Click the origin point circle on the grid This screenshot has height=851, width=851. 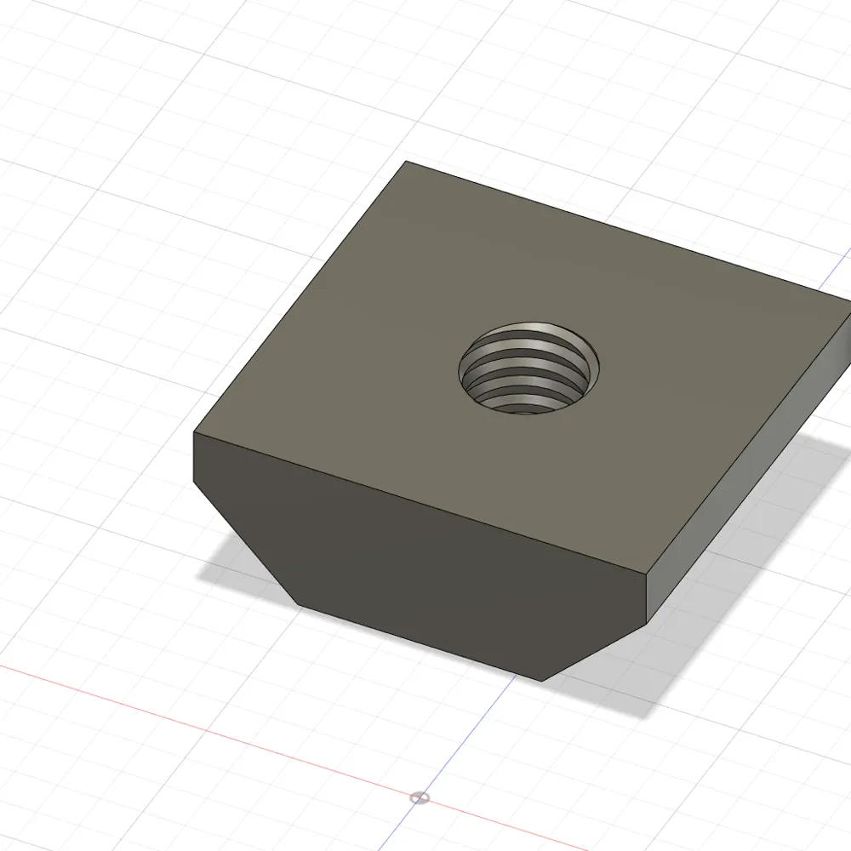tap(419, 798)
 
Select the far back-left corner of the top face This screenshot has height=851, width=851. tap(406, 162)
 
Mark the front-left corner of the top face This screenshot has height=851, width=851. tap(194, 434)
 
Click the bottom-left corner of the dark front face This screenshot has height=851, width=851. tap(298, 605)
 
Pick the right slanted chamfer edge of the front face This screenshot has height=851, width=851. tap(596, 650)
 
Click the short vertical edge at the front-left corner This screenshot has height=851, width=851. tap(195, 460)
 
